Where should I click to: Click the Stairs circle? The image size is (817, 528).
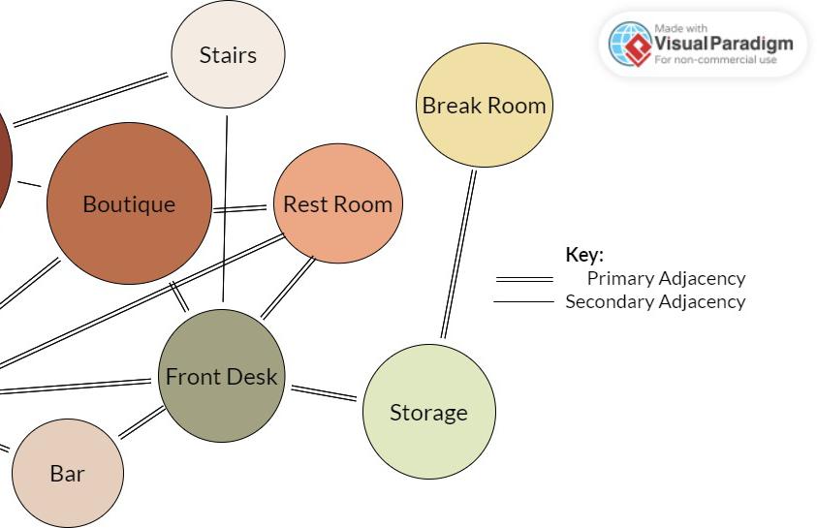[x=228, y=55]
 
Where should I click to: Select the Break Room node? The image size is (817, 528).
[x=484, y=106]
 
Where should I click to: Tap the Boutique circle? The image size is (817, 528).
[x=129, y=203]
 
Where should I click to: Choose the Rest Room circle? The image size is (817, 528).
[x=337, y=203]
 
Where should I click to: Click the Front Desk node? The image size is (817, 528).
[x=221, y=376]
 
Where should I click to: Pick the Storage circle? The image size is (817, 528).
[x=428, y=412]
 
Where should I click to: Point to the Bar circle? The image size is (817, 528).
[x=68, y=474]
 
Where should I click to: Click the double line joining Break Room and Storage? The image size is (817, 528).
[x=458, y=254]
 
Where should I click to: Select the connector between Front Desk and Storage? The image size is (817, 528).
[x=325, y=392]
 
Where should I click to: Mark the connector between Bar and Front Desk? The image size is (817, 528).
[x=141, y=422]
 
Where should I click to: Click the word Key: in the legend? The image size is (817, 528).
[x=584, y=255]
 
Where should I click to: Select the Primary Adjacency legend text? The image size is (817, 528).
[x=666, y=278]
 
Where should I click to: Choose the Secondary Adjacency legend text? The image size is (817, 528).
[x=655, y=301]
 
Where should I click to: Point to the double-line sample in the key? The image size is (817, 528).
[x=523, y=279]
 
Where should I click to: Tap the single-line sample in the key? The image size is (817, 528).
[x=523, y=302]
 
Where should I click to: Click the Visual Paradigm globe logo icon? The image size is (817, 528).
[x=630, y=44]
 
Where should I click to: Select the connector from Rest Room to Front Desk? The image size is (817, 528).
[x=288, y=288]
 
